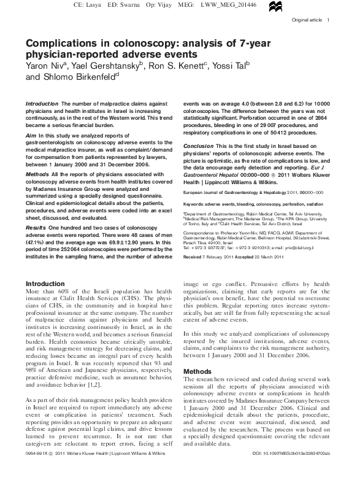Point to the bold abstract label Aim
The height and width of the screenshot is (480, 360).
pos(31,134)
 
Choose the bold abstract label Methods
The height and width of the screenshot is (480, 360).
pos(37,174)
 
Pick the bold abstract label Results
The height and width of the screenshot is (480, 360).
pos(36,227)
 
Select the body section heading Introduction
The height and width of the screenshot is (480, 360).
pos(46,284)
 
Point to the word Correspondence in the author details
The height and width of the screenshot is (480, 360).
pos(199,233)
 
